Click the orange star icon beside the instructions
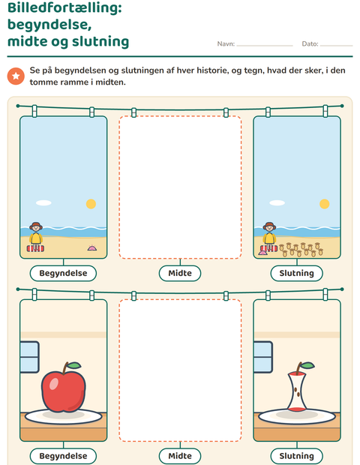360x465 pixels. pyautogui.click(x=16, y=76)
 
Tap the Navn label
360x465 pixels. pyautogui.click(x=226, y=44)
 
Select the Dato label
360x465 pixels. pyautogui.click(x=310, y=44)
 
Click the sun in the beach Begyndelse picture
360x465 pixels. pyautogui.click(x=91, y=204)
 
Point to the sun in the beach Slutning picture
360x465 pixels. pyautogui.click(x=325, y=204)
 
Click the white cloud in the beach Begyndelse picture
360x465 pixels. pyautogui.click(x=43, y=202)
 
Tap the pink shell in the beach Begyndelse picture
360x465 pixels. pyautogui.click(x=92, y=247)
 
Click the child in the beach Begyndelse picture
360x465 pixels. pyautogui.click(x=36, y=236)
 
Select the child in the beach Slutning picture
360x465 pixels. pyautogui.click(x=269, y=236)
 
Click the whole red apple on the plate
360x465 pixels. pyautogui.click(x=64, y=387)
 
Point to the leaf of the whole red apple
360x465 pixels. pyautogui.click(x=74, y=365)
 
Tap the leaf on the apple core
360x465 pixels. pyautogui.click(x=307, y=365)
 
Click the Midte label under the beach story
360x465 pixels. pyautogui.click(x=180, y=273)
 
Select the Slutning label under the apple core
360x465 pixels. pyautogui.click(x=296, y=456)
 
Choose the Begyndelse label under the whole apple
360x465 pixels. pyautogui.click(x=63, y=456)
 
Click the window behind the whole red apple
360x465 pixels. pyautogui.click(x=29, y=357)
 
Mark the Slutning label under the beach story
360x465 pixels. pyautogui.click(x=296, y=273)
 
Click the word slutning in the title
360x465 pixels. pyautogui.click(x=100, y=41)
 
